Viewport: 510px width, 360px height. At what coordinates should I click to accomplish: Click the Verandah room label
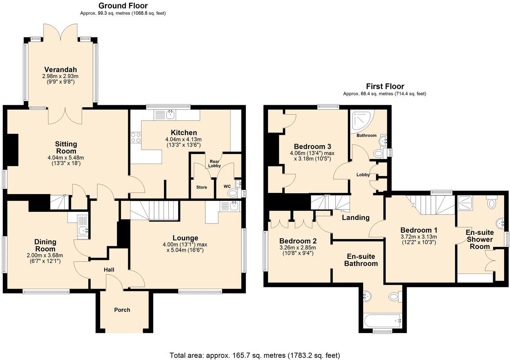(61, 69)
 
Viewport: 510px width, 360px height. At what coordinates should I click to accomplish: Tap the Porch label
(122, 310)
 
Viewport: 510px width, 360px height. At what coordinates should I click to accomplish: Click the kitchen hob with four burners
(136, 138)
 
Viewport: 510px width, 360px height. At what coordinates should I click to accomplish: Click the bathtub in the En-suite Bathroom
(382, 321)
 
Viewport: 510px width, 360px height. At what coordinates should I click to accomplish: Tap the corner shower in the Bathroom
(362, 121)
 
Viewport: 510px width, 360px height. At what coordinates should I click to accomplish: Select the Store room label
(202, 187)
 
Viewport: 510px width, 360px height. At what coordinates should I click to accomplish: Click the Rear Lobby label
(214, 163)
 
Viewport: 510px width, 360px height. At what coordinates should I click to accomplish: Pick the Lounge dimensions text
(185, 247)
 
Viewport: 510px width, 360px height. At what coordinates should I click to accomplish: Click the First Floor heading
(385, 86)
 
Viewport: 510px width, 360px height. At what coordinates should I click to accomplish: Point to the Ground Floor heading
(123, 5)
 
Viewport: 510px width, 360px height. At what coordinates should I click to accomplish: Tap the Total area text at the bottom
(255, 355)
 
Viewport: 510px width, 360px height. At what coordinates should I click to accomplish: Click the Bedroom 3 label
(312, 146)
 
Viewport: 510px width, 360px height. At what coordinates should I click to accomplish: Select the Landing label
(355, 217)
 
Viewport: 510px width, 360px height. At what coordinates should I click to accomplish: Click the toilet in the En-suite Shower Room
(492, 203)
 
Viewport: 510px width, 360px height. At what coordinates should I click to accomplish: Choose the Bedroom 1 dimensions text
(419, 239)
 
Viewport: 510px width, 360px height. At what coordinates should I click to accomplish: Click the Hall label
(109, 270)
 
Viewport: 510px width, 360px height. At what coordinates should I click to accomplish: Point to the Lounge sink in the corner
(231, 206)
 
